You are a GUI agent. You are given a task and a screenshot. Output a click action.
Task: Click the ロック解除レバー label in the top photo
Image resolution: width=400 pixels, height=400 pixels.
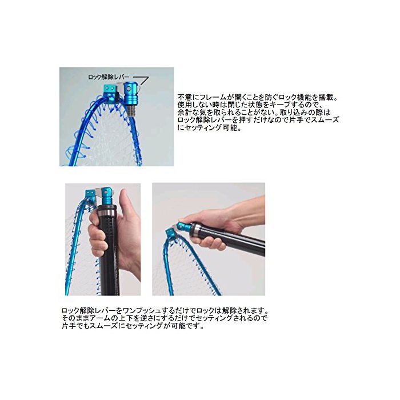[x=109, y=77]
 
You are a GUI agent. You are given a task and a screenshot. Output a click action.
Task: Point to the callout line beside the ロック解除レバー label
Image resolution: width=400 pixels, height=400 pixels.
[x=142, y=81]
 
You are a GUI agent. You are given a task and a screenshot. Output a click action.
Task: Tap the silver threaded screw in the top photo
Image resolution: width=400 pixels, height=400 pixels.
[x=131, y=111]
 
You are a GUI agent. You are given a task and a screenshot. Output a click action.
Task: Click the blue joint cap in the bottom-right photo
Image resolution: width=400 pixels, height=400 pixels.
[x=183, y=226]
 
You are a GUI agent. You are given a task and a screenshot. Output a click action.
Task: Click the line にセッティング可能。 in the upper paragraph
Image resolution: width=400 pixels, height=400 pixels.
[x=210, y=127]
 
